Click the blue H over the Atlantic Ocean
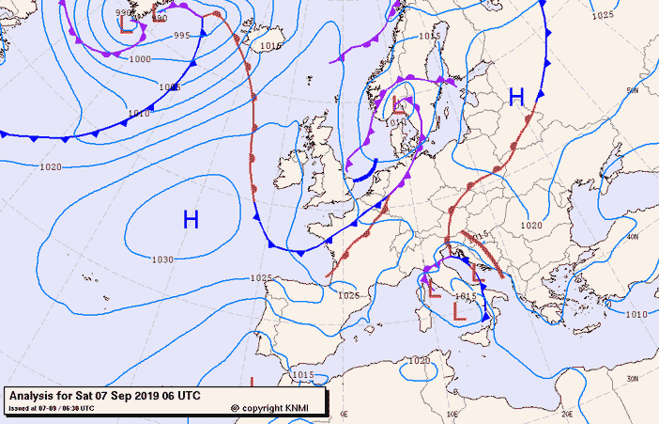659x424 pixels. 191,221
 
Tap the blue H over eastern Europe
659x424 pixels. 516,97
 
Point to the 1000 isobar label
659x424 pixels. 140,58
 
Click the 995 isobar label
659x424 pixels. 182,36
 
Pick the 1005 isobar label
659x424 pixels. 169,86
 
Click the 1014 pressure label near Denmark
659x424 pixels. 395,122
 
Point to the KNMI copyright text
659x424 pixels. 277,408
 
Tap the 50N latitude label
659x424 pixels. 633,90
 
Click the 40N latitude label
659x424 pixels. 633,237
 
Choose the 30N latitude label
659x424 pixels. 633,378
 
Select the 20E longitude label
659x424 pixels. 567,413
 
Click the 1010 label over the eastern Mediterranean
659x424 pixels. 636,314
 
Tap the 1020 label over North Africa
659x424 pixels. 419,360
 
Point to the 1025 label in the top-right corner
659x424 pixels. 603,15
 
